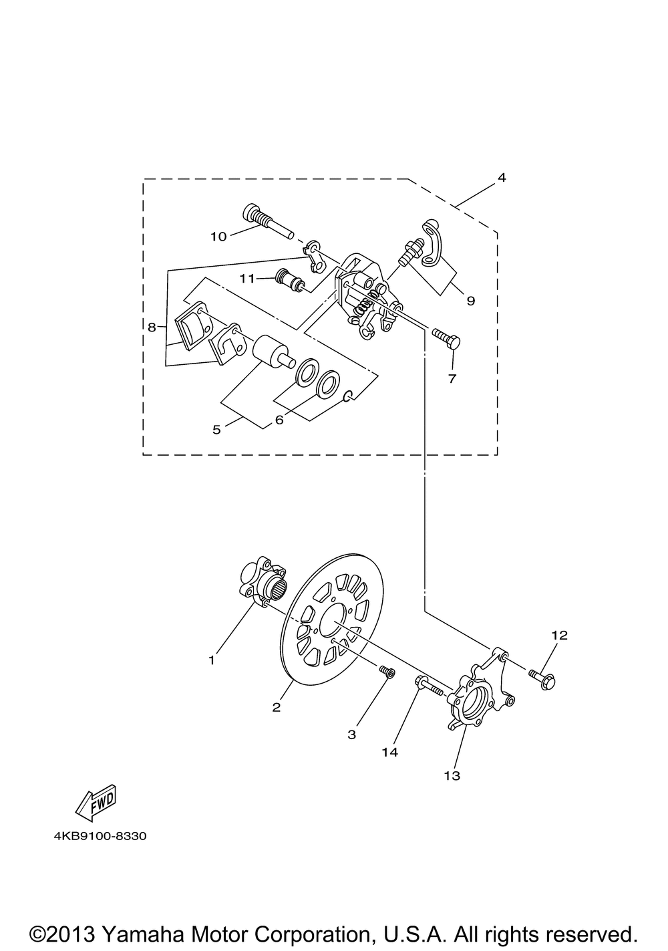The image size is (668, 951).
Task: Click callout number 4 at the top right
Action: click(x=502, y=178)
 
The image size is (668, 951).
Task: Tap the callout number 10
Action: click(x=219, y=237)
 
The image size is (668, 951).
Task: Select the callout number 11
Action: click(x=247, y=279)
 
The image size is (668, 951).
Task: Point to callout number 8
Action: click(x=152, y=327)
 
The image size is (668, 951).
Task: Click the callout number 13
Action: click(x=452, y=776)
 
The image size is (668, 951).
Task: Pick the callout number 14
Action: click(x=389, y=753)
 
